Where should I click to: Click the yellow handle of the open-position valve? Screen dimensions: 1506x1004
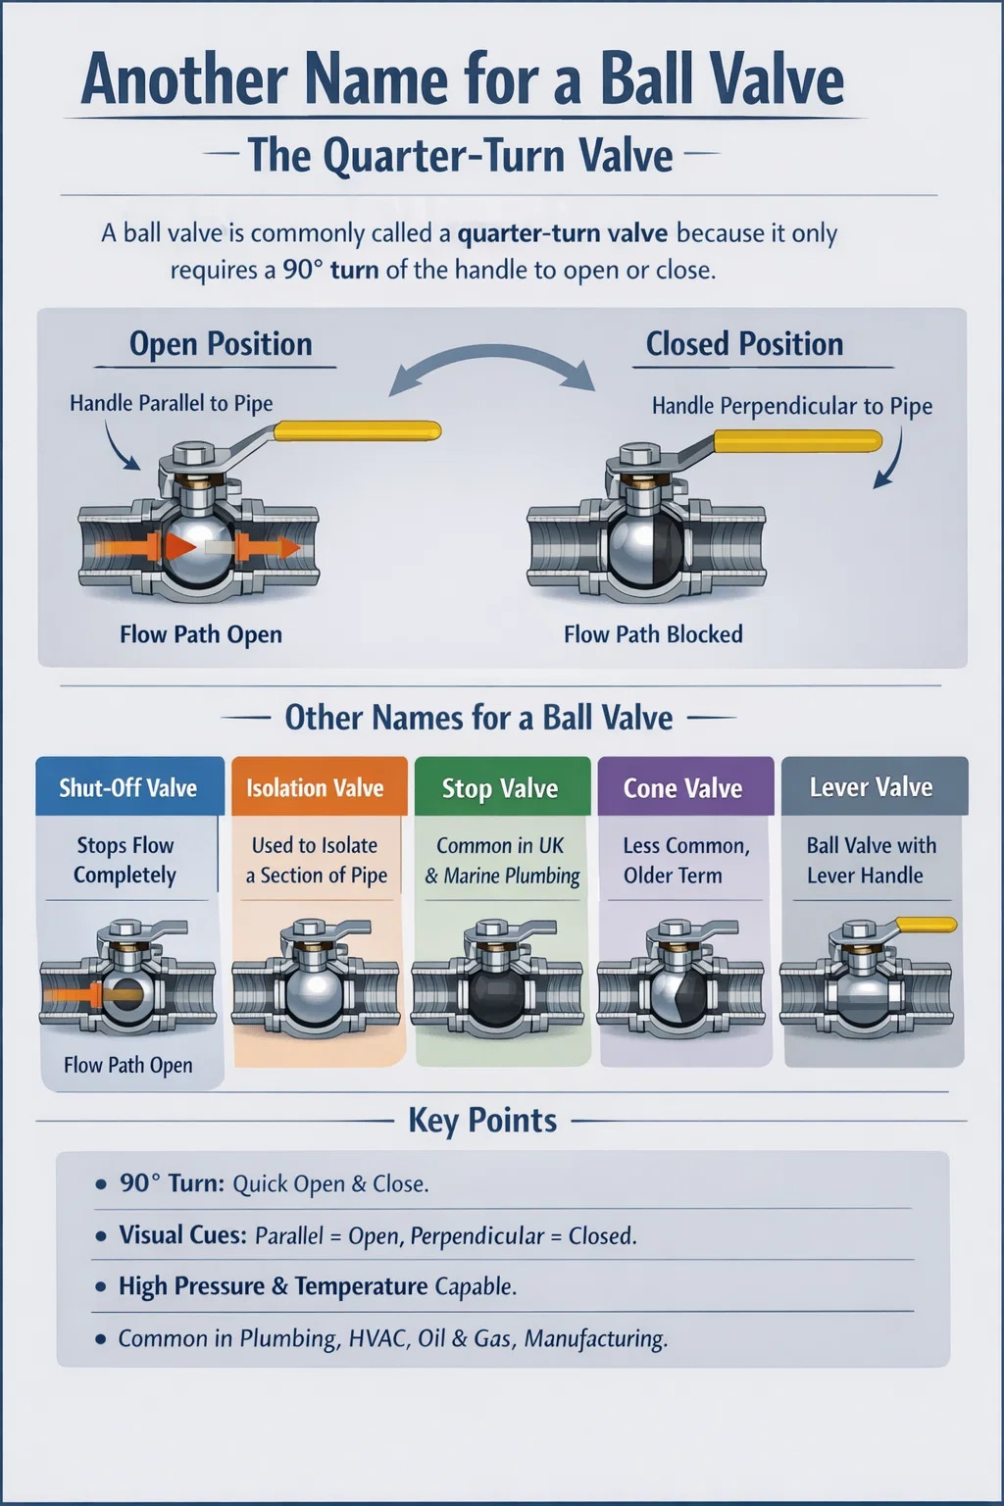[x=358, y=430]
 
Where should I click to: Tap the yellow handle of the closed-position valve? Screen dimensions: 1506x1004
[x=796, y=441]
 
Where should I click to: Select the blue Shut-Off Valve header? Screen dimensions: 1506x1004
[x=128, y=787]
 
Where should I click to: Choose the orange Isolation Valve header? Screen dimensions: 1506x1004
[x=315, y=787]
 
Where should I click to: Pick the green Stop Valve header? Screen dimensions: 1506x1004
[x=500, y=787]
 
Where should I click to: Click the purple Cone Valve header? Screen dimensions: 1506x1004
[x=683, y=787]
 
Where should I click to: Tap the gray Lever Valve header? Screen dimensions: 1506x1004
[x=872, y=786]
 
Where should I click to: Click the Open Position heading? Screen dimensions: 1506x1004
[x=221, y=344]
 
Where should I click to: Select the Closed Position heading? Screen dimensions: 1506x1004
[x=744, y=344]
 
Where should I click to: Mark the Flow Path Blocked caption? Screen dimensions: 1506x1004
[x=653, y=634]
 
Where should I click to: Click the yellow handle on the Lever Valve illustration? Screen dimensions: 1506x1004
[x=927, y=925]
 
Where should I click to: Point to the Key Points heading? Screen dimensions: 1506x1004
[x=482, y=1120]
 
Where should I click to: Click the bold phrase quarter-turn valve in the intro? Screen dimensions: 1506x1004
[x=563, y=233]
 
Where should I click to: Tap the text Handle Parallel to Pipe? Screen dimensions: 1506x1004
[x=172, y=403]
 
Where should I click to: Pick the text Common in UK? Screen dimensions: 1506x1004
[x=500, y=845]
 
